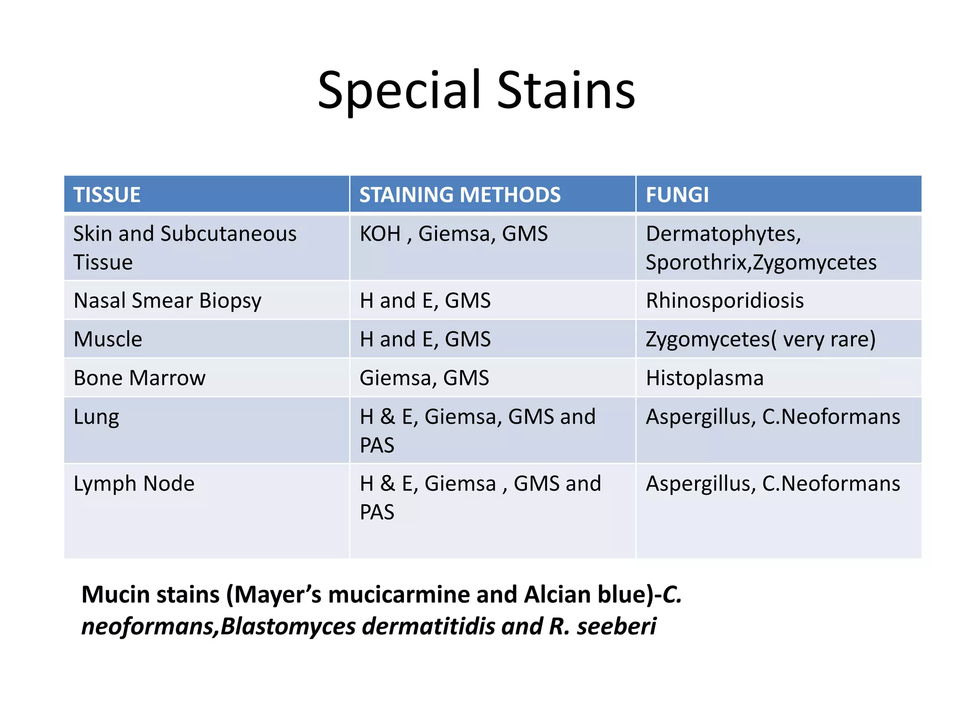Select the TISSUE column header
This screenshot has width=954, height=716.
(107, 194)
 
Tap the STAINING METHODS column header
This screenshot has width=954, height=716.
(460, 194)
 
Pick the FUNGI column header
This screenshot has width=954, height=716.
(677, 194)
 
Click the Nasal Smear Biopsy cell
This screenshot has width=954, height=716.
(168, 301)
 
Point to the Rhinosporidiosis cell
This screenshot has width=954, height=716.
(725, 301)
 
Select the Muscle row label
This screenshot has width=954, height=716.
(108, 339)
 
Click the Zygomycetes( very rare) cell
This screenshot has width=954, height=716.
(760, 339)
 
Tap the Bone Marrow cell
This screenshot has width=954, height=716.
(139, 378)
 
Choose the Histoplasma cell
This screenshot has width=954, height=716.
(704, 378)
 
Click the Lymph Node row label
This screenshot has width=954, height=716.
(134, 483)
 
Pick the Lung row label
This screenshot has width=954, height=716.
(96, 417)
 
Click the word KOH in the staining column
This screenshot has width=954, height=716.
(380, 234)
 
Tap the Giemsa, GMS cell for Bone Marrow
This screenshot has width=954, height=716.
(424, 378)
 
